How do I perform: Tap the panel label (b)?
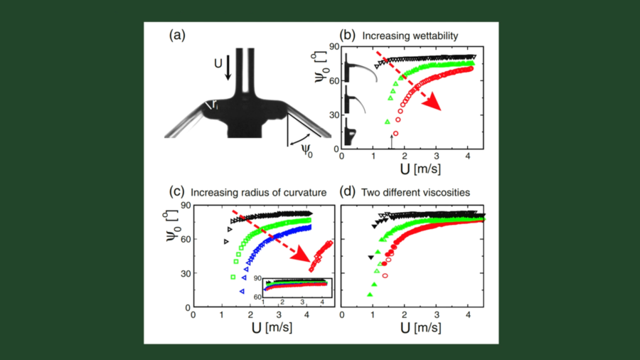point(348,33)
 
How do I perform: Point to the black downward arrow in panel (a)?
point(228,69)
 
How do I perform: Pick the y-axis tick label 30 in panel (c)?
point(183,272)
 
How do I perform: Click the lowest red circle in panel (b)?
point(396,134)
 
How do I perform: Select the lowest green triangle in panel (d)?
point(369,294)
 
